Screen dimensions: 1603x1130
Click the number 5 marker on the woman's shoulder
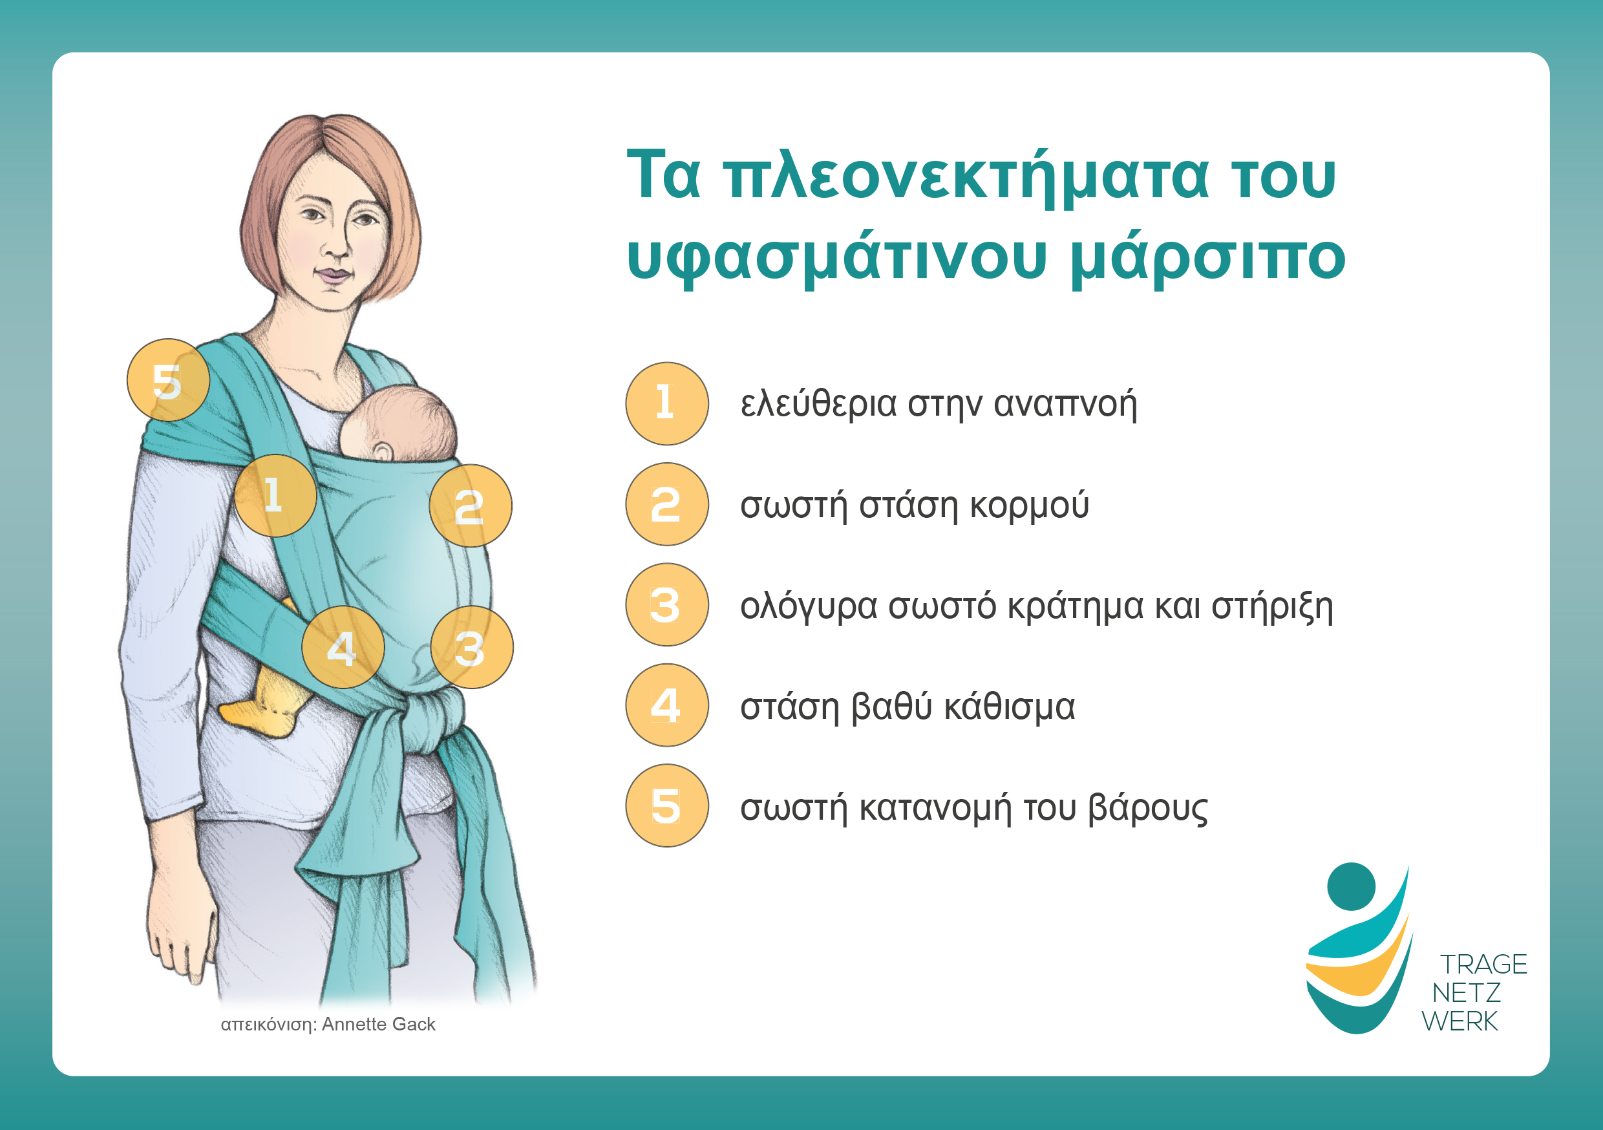coord(167,380)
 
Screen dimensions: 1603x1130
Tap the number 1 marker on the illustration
coord(275,495)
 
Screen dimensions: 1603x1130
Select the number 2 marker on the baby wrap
coord(471,506)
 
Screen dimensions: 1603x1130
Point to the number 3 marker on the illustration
coord(472,647)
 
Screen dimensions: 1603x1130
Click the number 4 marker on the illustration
coord(343,647)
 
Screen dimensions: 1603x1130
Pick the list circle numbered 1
coord(667,403)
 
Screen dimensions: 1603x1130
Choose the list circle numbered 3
coord(667,605)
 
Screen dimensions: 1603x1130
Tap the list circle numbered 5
coord(667,806)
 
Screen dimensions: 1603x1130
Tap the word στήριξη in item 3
coord(1272,606)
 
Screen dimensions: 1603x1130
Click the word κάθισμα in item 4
coord(1010,707)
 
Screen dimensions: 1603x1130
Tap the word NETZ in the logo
coord(1466,992)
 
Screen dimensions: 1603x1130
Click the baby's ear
coord(383,452)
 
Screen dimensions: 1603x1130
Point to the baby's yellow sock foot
coord(265,705)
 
